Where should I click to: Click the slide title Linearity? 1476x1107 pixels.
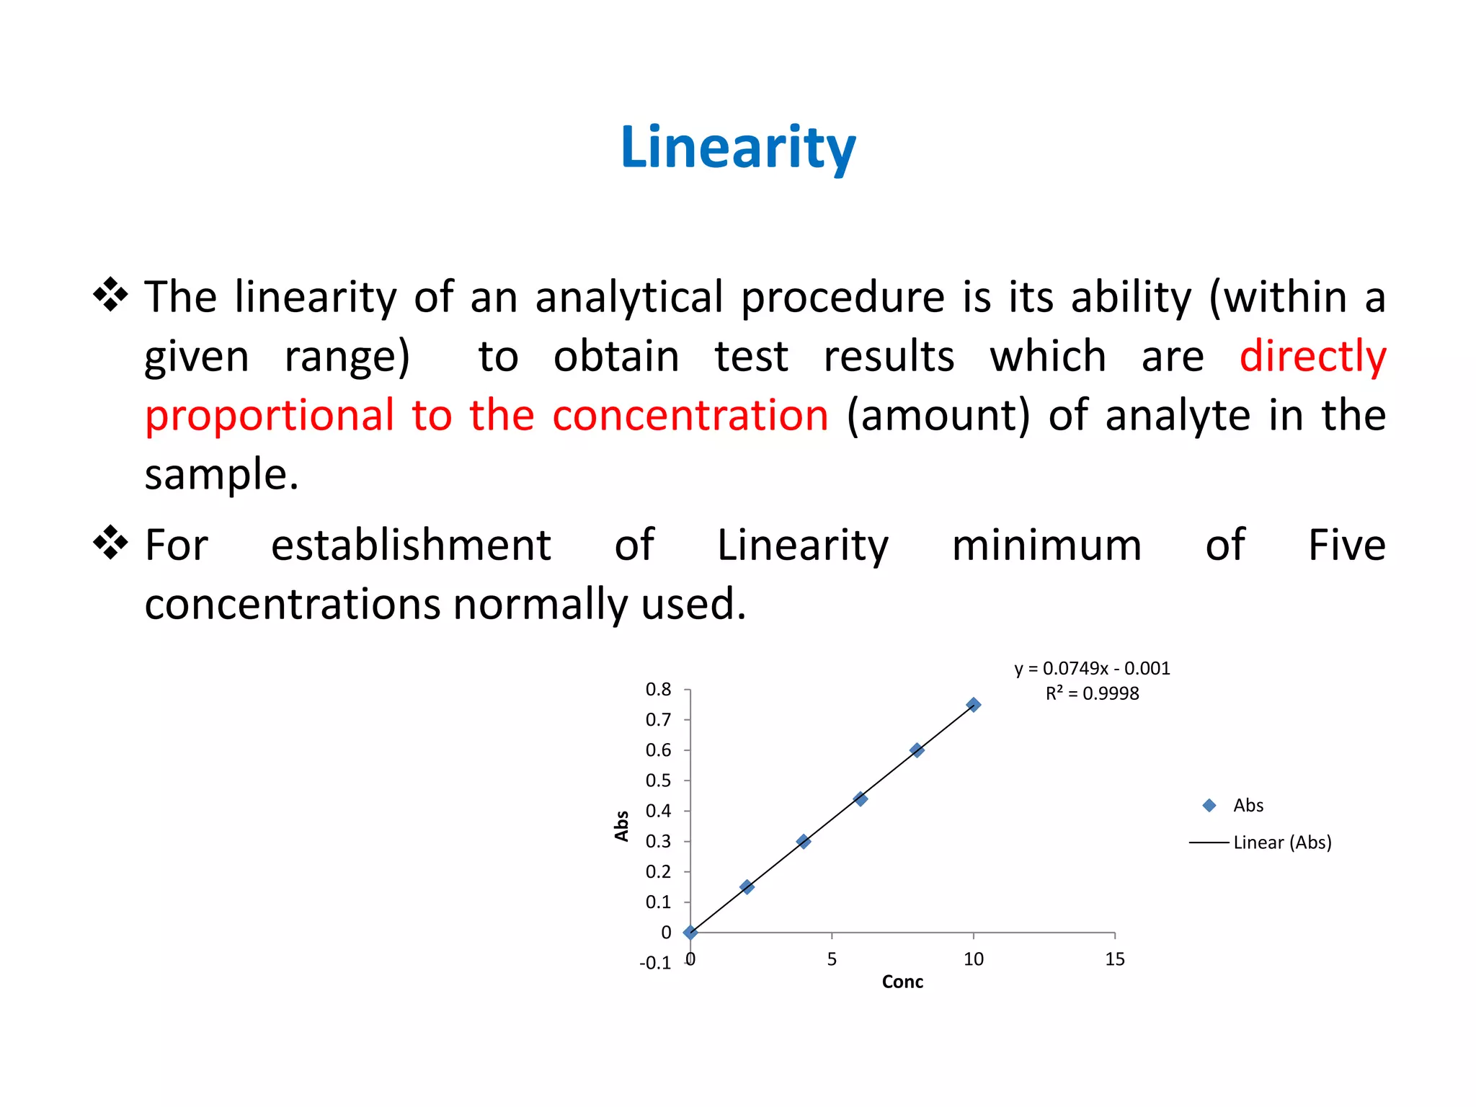pos(738,148)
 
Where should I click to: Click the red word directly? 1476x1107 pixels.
pos(1313,357)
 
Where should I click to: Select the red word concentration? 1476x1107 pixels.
pos(690,416)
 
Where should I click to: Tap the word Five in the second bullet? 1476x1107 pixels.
pos(1347,545)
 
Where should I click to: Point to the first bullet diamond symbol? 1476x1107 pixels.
pos(111,295)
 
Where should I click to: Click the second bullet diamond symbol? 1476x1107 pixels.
pos(111,543)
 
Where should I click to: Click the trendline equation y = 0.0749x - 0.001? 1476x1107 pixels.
pos(1092,669)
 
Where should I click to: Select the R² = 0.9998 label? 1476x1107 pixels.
pos(1092,693)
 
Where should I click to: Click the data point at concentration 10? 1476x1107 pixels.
pos(974,705)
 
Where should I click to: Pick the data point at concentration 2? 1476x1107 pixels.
pos(747,886)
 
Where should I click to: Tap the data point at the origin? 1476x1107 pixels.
pos(690,933)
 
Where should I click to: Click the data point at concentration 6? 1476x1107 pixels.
pos(860,799)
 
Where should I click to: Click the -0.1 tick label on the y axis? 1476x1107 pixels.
pos(654,964)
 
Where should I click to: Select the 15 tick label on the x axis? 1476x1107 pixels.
pos(1115,959)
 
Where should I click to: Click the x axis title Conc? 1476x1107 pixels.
pos(902,982)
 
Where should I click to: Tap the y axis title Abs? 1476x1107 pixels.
pos(621,826)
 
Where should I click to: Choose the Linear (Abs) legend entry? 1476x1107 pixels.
pos(1261,843)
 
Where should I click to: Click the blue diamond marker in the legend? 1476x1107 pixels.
pos(1209,806)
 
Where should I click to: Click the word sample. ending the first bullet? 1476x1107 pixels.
pos(221,476)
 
